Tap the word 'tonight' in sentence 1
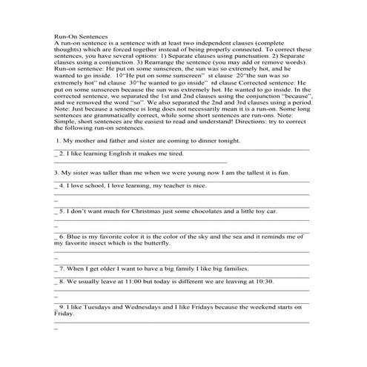(x=224, y=140)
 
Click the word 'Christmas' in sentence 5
(x=142, y=211)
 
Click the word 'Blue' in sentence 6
(x=73, y=236)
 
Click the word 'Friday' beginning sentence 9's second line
(x=65, y=314)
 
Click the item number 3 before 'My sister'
(x=56, y=172)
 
